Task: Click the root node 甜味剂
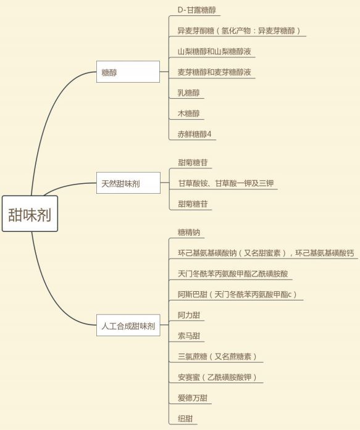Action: pyautogui.click(x=30, y=213)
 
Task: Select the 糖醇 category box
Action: pyautogui.click(x=128, y=72)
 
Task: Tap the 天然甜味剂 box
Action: pyautogui.click(x=128, y=183)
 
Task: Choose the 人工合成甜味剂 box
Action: pyautogui.click(x=128, y=325)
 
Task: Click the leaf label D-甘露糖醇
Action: pyautogui.click(x=197, y=10)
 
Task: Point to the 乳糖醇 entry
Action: pyautogui.click(x=188, y=93)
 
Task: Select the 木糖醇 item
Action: pyautogui.click(x=188, y=114)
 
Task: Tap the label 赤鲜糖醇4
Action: pyautogui.click(x=195, y=134)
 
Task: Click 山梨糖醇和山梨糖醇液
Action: pyautogui.click(x=214, y=51)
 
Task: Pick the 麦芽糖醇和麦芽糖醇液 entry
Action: pyautogui.click(x=214, y=72)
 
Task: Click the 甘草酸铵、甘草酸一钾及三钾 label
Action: pyautogui.click(x=226, y=183)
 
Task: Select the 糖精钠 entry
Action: pyautogui.click(x=189, y=233)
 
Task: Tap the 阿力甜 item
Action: pyautogui.click(x=189, y=315)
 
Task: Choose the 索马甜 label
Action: pyautogui.click(x=189, y=336)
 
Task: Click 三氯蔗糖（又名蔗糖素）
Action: pyautogui.click(x=217, y=357)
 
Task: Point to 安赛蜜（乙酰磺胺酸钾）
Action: pyautogui.click(x=217, y=377)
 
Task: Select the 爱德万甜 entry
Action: pyautogui.click(x=192, y=398)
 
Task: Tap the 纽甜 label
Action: pyautogui.click(x=185, y=419)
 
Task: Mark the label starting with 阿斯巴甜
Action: pyautogui.click(x=237, y=294)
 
